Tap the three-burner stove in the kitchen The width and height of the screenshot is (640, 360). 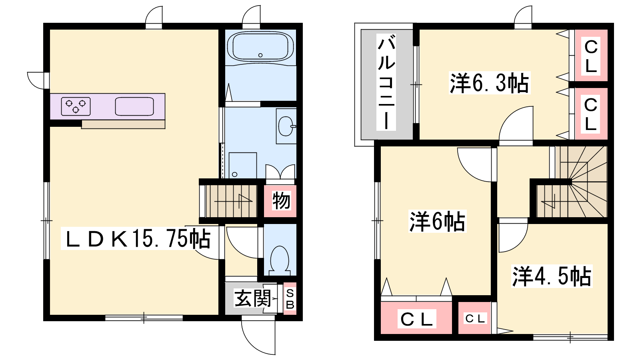[76, 106]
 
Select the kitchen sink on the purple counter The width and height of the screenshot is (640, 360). [134, 106]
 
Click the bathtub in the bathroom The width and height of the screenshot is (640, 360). [260, 46]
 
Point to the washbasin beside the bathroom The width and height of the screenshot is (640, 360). [286, 126]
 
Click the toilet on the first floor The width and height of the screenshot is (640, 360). [280, 260]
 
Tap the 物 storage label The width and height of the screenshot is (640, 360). [281, 200]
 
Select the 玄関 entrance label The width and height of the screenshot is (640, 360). [252, 298]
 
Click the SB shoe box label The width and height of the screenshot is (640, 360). [290, 299]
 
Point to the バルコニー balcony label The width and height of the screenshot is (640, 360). [386, 82]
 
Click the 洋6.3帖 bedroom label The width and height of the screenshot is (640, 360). [490, 83]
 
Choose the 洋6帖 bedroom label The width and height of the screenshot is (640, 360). [437, 221]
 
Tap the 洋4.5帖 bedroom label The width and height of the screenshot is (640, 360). [552, 276]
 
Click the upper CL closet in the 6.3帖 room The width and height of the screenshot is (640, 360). [591, 56]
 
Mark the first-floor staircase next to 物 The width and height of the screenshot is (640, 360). [231, 201]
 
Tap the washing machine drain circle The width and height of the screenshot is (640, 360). [234, 174]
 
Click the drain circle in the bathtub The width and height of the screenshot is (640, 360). [260, 55]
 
